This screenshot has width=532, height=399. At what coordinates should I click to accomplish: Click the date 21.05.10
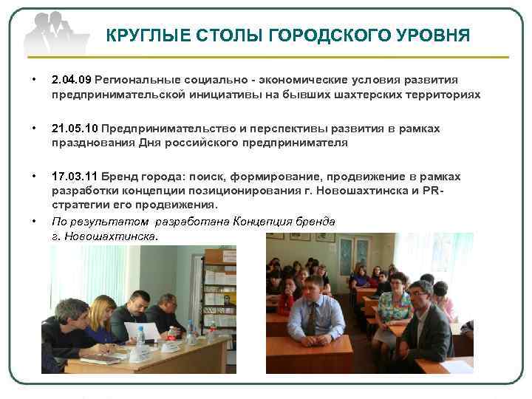75,129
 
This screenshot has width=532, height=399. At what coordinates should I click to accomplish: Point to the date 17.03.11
75,177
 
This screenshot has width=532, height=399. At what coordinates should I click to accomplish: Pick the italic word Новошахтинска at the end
119,237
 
